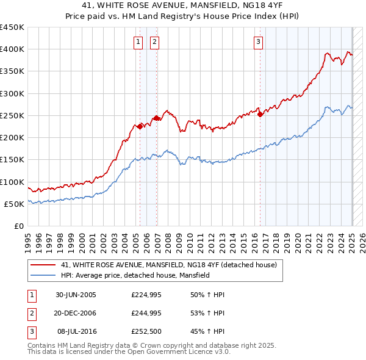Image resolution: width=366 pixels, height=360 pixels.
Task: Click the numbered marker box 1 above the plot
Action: click(138, 42)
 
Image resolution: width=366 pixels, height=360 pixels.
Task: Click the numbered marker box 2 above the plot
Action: click(154, 42)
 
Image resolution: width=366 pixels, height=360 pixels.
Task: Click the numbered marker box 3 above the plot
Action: click(259, 42)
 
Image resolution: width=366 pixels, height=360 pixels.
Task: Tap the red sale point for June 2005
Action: click(140, 126)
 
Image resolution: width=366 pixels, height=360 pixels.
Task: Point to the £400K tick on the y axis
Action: click(13, 49)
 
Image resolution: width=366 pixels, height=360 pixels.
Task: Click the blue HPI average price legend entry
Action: click(135, 275)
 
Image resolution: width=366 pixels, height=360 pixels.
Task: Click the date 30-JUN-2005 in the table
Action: click(76, 295)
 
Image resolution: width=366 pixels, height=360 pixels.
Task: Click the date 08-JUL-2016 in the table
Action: click(76, 331)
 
